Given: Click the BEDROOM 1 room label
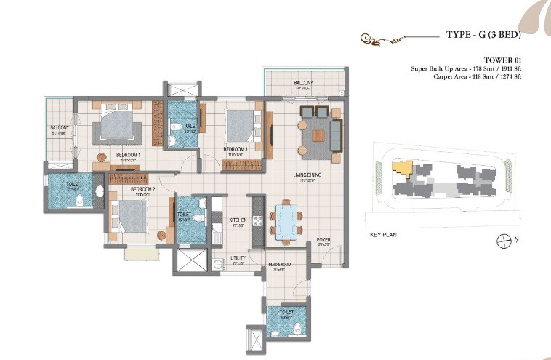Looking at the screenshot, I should [128, 155].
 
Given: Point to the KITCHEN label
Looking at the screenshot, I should [238, 220].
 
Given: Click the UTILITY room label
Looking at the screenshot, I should [238, 258].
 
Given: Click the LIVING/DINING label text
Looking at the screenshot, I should [307, 175].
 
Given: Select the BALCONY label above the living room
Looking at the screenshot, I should [304, 84].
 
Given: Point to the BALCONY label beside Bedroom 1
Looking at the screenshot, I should [59, 128].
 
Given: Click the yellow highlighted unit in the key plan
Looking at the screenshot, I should [401, 168].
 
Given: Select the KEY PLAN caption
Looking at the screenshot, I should [385, 235].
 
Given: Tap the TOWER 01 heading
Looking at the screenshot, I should [503, 60].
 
